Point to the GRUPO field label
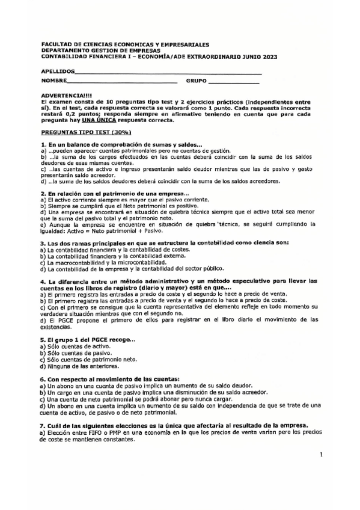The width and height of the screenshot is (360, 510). click(197, 80)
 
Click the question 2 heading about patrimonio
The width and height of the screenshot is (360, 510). click(114, 193)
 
